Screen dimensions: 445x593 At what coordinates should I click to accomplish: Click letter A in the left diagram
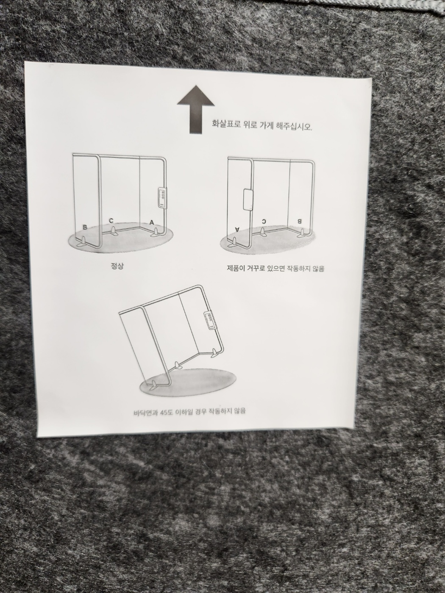tap(152, 222)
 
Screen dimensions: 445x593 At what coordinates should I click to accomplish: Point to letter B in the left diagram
tap(85, 227)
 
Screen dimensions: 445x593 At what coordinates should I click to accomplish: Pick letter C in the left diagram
tap(111, 221)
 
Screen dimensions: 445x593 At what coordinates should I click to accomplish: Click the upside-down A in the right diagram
tap(237, 230)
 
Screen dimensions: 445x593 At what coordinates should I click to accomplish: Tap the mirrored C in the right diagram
tap(264, 221)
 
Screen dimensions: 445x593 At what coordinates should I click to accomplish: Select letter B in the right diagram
tap(299, 221)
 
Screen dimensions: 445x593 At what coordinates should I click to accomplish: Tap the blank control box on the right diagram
tap(248, 200)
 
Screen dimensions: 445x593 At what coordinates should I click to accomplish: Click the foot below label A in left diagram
tap(156, 233)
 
